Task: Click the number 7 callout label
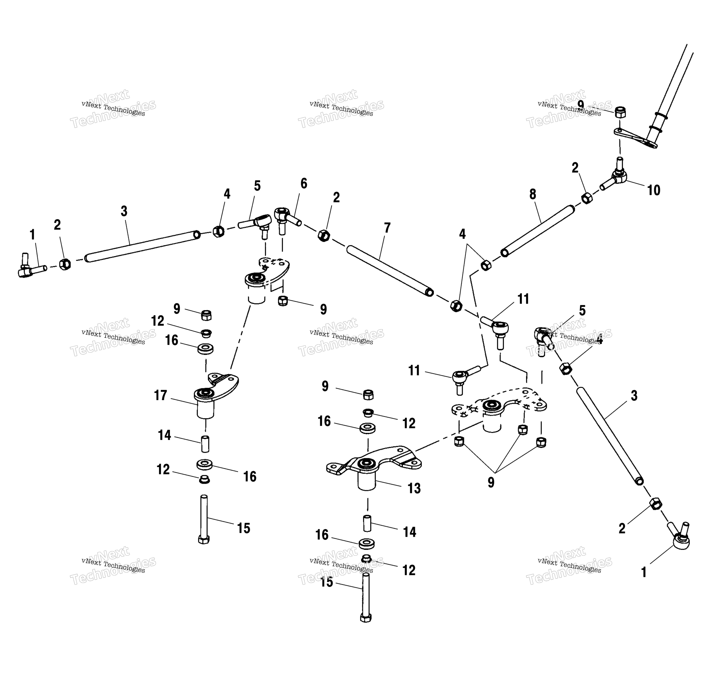coord(387,228)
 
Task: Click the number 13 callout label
coord(414,488)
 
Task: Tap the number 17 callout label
coord(160,395)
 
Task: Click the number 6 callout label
coord(304,184)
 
